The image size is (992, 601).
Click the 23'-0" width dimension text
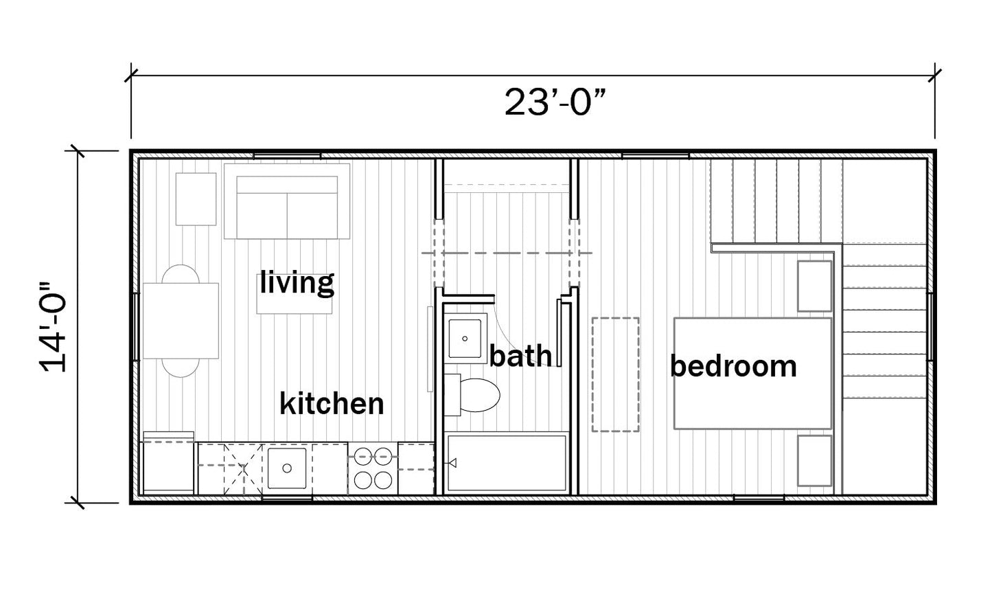tap(555, 103)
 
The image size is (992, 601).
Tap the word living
tap(297, 282)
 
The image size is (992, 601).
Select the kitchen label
tap(332, 404)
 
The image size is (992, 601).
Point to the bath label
tap(521, 356)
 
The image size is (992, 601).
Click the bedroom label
tap(733, 366)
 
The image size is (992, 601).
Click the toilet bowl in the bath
tap(480, 395)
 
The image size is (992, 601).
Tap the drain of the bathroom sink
tap(465, 339)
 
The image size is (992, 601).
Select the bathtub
tap(507, 463)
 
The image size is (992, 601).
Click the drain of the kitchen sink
tap(287, 468)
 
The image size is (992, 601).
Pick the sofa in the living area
tap(287, 201)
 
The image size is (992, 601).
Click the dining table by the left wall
tap(181, 321)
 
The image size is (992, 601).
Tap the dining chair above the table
tap(181, 274)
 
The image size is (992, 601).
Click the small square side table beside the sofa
tap(196, 199)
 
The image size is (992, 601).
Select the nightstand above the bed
tap(814, 286)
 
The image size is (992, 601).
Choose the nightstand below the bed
tap(814, 461)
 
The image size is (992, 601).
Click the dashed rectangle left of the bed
tap(616, 374)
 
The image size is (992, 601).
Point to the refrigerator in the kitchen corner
tap(168, 464)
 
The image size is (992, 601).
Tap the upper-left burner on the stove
tap(363, 456)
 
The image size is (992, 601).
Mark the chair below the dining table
tap(181, 368)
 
